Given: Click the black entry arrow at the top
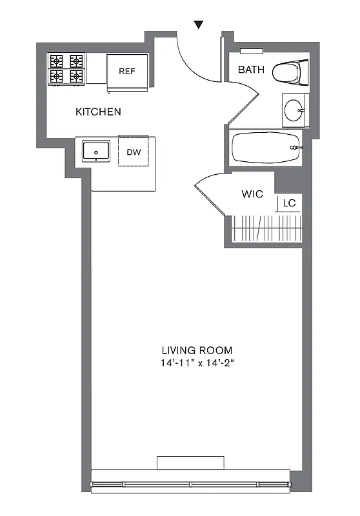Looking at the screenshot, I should point(199,25).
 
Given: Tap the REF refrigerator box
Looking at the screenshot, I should point(127,70).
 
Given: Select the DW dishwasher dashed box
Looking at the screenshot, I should point(133,152).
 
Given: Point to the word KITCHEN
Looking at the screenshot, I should point(98,112).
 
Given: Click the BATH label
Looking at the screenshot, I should point(250,70).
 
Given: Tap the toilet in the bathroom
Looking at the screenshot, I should point(289,72).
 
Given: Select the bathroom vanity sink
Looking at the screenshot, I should point(295,110).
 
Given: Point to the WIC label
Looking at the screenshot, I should point(252,193).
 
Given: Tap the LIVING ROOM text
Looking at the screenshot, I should point(197,350).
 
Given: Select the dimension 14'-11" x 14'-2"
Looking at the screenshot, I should point(197,363).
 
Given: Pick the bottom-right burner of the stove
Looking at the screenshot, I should point(76,76).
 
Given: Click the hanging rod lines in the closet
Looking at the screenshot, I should point(266,228).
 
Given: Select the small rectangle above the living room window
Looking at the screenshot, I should point(191,463).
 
